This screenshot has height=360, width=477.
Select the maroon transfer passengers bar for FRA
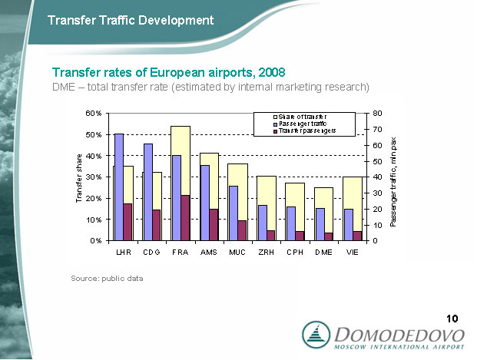184,217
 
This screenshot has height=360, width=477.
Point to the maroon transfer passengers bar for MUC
241,230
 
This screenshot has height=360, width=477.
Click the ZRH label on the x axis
266,252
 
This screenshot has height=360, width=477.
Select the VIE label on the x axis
352,252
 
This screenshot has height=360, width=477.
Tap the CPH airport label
294,252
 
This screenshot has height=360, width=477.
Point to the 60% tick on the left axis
93,113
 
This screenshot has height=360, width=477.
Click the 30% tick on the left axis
93,177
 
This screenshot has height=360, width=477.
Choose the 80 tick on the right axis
377,113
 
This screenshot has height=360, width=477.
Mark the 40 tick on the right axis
377,177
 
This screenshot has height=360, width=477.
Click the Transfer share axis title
78,178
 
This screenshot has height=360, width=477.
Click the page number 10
452,319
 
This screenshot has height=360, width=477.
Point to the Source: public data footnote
107,278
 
